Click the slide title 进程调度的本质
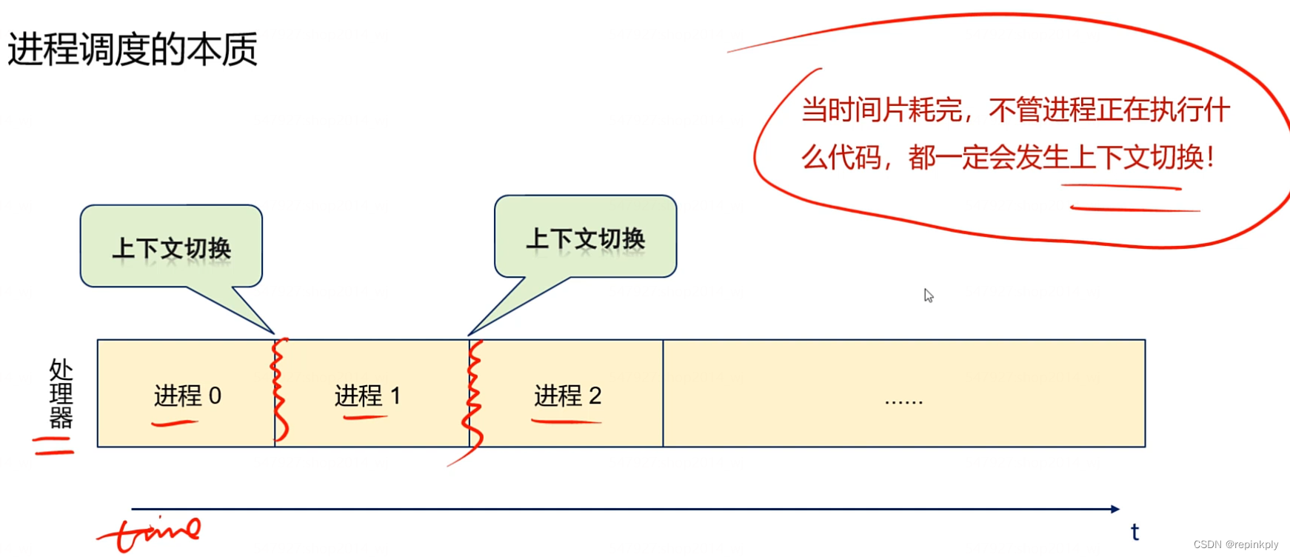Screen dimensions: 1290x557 click(132, 50)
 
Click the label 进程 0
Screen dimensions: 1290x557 click(187, 396)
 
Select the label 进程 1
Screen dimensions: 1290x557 click(367, 396)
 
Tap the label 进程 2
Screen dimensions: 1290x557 click(567, 396)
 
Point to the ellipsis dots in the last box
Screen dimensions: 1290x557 click(903, 401)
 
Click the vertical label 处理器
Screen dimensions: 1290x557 click(61, 393)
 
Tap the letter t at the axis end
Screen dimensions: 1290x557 click(1134, 531)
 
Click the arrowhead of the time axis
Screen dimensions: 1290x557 click(1114, 509)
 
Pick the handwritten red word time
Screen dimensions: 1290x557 click(152, 532)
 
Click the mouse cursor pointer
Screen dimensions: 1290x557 click(928, 295)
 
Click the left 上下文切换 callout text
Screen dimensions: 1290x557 click(171, 248)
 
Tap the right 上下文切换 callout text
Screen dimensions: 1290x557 click(585, 239)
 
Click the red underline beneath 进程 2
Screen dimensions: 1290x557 click(566, 421)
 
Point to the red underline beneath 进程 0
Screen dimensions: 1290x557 click(174, 424)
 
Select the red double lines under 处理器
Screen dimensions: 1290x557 click(53, 445)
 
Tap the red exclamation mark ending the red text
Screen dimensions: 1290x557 click(1210, 157)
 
